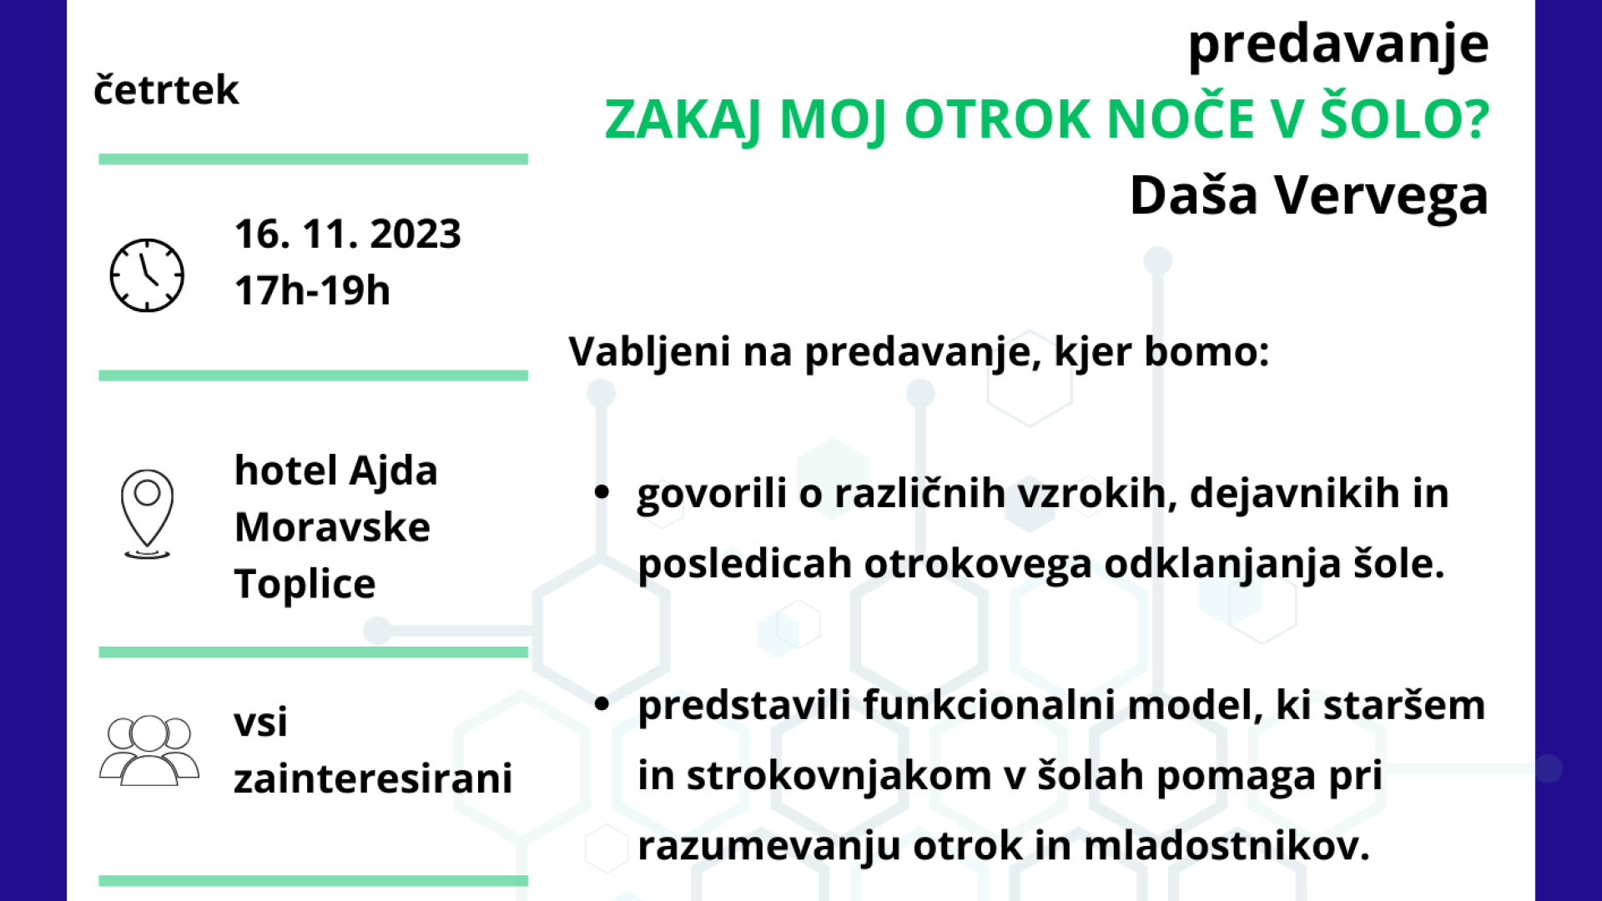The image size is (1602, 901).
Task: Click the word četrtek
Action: click(166, 89)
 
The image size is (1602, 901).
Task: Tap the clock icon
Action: click(147, 275)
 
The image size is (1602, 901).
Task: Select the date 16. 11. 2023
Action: click(348, 234)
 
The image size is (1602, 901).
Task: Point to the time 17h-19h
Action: click(312, 290)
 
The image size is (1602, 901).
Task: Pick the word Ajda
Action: click(393, 471)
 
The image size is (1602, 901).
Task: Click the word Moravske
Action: click(332, 527)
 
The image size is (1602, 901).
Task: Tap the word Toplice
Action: click(305, 584)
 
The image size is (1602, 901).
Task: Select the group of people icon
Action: click(149, 750)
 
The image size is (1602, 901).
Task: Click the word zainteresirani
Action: click(373, 778)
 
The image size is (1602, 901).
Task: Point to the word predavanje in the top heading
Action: click(1338, 45)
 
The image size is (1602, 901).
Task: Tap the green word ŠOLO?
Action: click(1404, 118)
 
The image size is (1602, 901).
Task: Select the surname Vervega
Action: click(1381, 197)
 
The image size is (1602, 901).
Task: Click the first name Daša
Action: click(1193, 195)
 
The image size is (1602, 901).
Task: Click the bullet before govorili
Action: click(602, 492)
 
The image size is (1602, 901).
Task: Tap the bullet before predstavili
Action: click(602, 704)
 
